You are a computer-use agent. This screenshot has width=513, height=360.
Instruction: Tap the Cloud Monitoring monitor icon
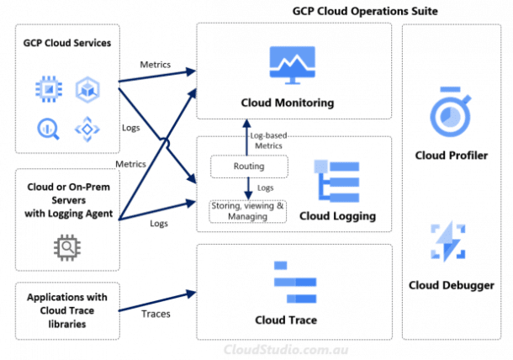pyautogui.click(x=293, y=66)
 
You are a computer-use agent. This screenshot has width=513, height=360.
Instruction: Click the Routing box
pyautogui.click(x=248, y=167)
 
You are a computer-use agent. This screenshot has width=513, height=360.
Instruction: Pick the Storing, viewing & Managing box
pyautogui.click(x=248, y=210)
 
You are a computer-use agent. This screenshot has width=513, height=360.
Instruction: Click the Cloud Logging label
pyautogui.click(x=336, y=216)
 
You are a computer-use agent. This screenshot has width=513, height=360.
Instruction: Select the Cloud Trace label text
pyautogui.click(x=292, y=320)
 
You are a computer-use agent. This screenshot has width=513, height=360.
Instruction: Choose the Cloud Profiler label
pyautogui.click(x=451, y=156)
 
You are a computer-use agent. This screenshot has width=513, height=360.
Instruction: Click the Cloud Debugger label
pyautogui.click(x=451, y=286)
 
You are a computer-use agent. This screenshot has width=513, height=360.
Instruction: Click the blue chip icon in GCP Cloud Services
pyautogui.click(x=47, y=88)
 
